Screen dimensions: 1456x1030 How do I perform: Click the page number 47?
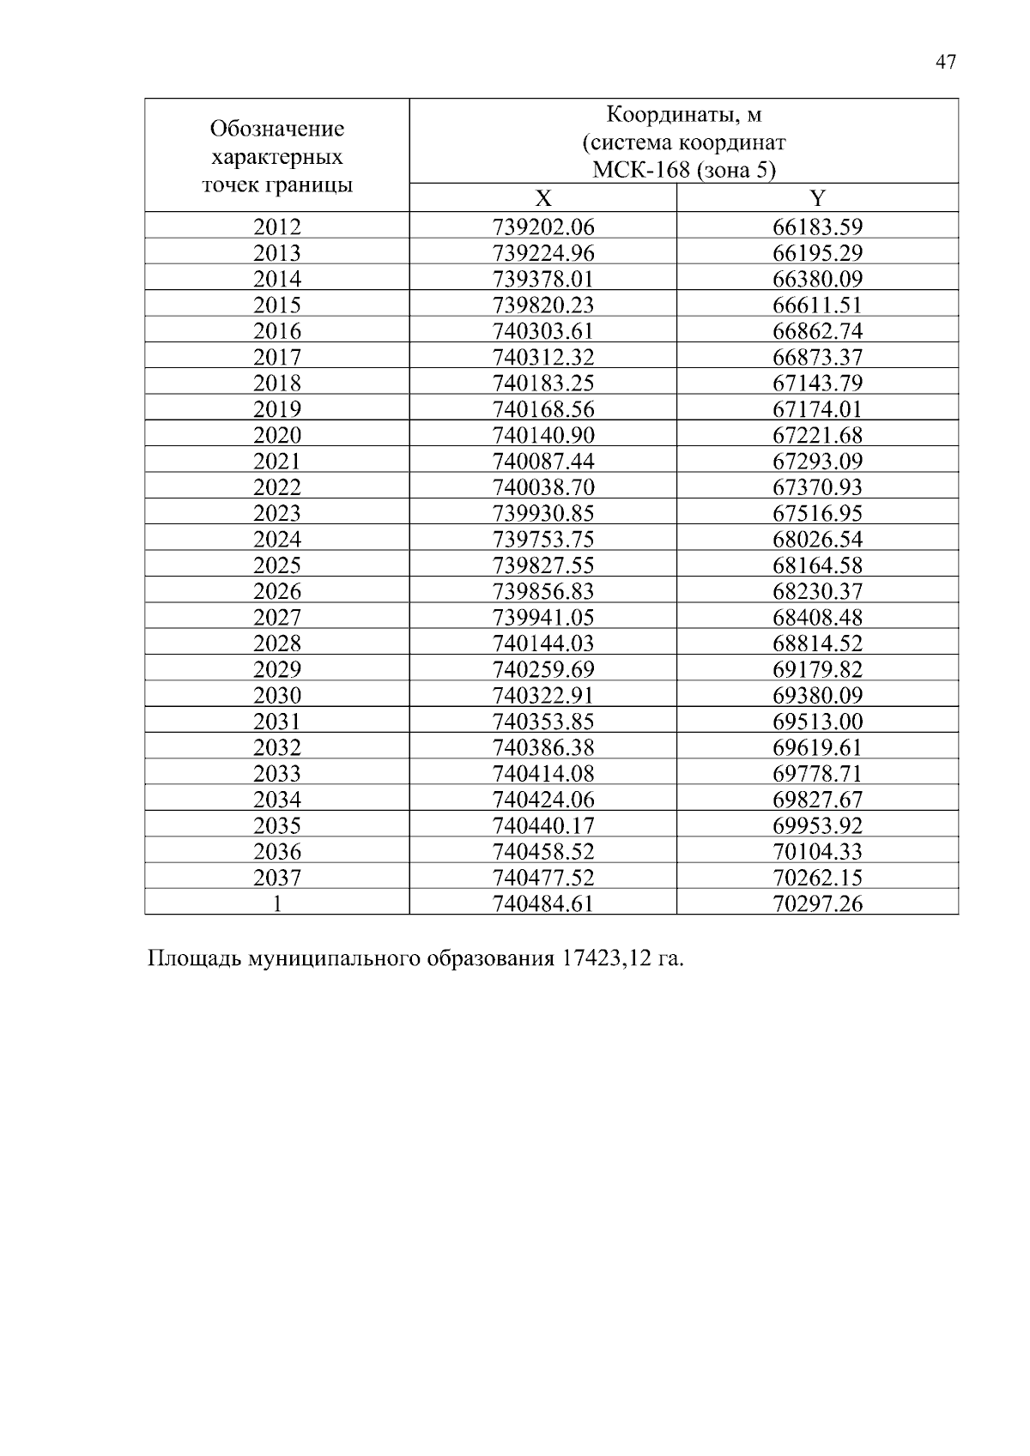pyautogui.click(x=945, y=63)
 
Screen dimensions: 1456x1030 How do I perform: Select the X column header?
pyautogui.click(x=543, y=199)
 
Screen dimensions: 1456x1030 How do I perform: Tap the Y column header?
pyautogui.click(x=817, y=199)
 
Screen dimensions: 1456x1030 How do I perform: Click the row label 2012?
pyautogui.click(x=277, y=227)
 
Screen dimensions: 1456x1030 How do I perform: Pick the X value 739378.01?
pyautogui.click(x=543, y=280)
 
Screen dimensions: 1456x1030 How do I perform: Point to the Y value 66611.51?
pyautogui.click(x=817, y=305)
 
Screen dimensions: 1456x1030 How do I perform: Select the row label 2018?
pyautogui.click(x=277, y=384)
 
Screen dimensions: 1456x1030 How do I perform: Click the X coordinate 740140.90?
pyautogui.click(x=543, y=436)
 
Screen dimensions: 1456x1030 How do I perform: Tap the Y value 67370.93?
pyautogui.click(x=817, y=487)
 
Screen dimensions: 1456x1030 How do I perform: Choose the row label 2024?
pyautogui.click(x=277, y=540)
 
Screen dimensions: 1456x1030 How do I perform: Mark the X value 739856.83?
pyautogui.click(x=543, y=592)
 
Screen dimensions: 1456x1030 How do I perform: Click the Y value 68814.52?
pyautogui.click(x=817, y=643)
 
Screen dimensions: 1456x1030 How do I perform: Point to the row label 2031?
pyautogui.click(x=277, y=722)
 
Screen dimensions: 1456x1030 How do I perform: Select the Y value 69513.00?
pyautogui.click(x=817, y=722)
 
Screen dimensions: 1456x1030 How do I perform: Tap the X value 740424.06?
pyautogui.click(x=543, y=800)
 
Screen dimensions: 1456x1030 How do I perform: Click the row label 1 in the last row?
pyautogui.click(x=277, y=903)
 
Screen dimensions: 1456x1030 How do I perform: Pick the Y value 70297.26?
pyautogui.click(x=817, y=903)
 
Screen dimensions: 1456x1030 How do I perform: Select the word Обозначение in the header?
pyautogui.click(x=277, y=130)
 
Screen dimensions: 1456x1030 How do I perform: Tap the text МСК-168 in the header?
pyautogui.click(x=640, y=170)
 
